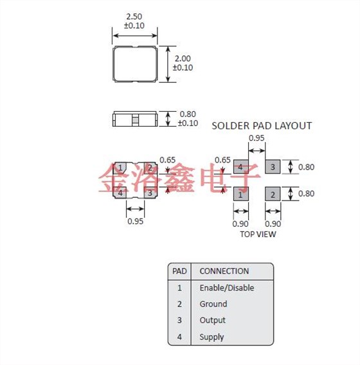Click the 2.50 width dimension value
(134, 17)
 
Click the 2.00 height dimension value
(183, 58)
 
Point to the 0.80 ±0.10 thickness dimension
(188, 119)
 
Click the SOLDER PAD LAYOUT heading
(262, 126)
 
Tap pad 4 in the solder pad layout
(241, 166)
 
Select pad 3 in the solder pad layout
(273, 166)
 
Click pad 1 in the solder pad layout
(241, 193)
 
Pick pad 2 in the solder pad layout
(273, 193)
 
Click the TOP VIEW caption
(258, 234)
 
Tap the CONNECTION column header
(224, 271)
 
